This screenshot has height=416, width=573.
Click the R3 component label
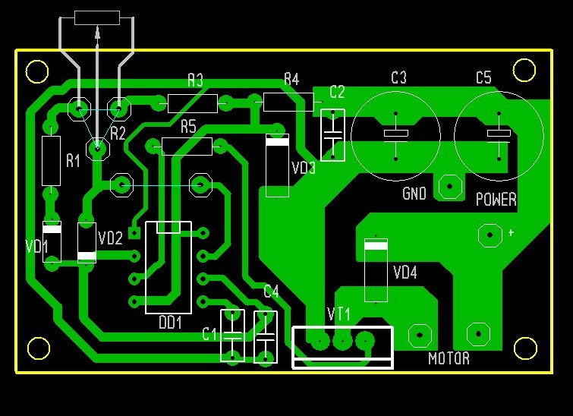coord(196,80)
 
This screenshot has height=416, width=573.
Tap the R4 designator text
coord(291,79)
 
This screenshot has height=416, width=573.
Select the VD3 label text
coord(304,168)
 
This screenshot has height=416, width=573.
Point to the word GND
coord(414,194)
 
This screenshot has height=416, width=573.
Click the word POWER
coord(496,199)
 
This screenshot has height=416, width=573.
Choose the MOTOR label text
coord(449,358)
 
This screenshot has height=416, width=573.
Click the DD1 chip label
coord(170,323)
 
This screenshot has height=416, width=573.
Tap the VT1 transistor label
coord(338,314)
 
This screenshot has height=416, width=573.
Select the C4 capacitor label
coord(271,292)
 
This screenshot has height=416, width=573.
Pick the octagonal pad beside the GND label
coord(450,187)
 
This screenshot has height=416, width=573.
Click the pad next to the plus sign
coord(490,235)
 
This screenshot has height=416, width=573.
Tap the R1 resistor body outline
coord(51,161)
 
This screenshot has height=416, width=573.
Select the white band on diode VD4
coord(376,245)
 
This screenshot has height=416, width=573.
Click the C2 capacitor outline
coord(332,135)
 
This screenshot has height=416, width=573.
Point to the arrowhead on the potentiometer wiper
coord(97,32)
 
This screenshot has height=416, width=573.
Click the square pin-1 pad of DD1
coord(135,232)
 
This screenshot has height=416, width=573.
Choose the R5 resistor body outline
coord(187,147)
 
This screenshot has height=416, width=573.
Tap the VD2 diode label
coord(110,238)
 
